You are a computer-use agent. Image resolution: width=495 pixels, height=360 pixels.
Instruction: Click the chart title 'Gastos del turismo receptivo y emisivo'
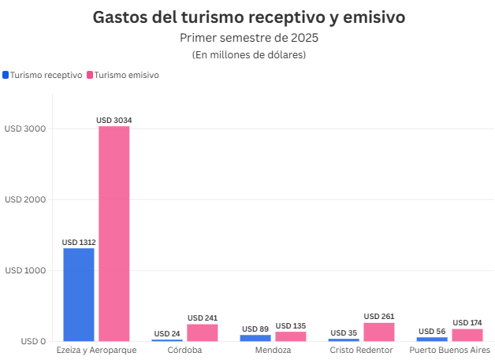(249, 17)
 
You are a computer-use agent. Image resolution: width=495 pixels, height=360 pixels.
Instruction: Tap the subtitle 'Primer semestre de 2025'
(249, 37)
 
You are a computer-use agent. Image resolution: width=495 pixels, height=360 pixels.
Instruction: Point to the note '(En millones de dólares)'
(249, 54)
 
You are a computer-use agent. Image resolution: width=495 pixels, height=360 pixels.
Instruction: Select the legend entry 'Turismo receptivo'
(46, 75)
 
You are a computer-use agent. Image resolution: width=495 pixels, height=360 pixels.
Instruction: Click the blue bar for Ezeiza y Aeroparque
(79, 295)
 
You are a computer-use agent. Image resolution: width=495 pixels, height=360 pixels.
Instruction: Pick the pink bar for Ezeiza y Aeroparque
(114, 233)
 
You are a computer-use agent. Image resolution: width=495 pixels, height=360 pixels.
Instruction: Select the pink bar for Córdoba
(203, 332)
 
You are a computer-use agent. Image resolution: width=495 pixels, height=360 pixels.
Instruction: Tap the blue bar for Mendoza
(255, 338)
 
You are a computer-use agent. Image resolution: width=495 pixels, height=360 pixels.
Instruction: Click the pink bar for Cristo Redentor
(379, 332)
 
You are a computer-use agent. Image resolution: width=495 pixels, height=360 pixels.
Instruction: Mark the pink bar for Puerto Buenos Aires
(467, 335)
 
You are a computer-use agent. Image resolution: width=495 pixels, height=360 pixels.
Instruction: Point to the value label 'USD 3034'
(114, 121)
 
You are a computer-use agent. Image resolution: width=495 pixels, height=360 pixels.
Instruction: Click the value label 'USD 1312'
(79, 242)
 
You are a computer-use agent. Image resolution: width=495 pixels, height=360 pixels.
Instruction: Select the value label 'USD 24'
(167, 334)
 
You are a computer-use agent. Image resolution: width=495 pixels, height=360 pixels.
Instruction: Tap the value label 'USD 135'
(291, 326)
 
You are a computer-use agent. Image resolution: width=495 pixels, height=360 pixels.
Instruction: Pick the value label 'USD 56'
(433, 332)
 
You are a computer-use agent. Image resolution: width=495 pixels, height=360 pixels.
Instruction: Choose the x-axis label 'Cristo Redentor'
(361, 350)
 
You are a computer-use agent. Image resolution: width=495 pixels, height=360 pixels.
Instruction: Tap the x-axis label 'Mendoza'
(273, 350)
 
